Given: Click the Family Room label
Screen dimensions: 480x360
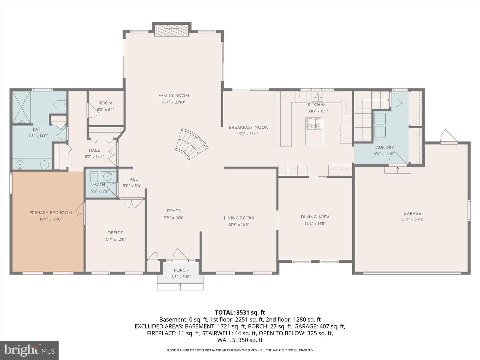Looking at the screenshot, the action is tap(173, 96).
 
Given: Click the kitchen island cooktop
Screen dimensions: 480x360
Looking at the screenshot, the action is tap(314, 124).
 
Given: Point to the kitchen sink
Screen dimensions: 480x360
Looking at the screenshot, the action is tap(317, 96).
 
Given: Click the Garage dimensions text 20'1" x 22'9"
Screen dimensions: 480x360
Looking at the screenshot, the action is tap(412, 220).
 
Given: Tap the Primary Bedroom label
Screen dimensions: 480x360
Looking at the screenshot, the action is tap(51, 213).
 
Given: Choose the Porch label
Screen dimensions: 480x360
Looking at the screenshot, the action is tap(181, 270).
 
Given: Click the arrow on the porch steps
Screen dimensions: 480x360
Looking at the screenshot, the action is tap(180, 287).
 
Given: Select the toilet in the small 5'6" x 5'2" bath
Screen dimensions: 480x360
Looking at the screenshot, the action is tap(94, 178).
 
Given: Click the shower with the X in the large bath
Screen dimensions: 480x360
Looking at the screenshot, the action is tap(21, 108).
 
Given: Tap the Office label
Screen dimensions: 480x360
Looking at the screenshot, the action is tap(115, 233).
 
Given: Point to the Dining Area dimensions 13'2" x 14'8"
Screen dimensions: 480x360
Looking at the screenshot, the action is tap(315, 223).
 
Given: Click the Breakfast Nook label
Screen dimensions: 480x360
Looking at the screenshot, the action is tap(248, 127).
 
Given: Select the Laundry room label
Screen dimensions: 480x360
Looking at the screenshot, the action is tap(384, 148).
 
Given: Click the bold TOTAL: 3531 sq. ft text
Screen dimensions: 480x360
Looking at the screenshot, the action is tap(240, 312).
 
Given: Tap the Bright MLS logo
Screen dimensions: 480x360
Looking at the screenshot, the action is tap(29, 350).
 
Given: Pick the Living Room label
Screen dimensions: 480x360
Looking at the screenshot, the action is tap(239, 218).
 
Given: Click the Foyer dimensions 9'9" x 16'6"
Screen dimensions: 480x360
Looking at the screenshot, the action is tap(174, 217).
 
